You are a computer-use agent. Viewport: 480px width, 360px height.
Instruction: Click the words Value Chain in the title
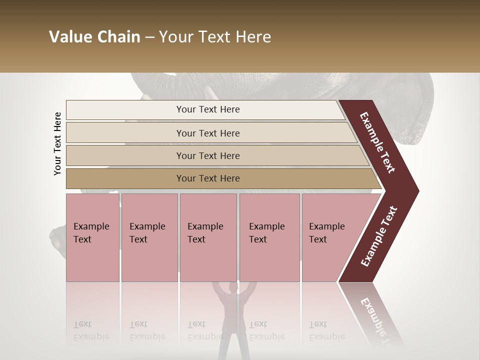pyautogui.click(x=94, y=37)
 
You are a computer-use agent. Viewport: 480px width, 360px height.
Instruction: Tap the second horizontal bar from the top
pyautogui.click(x=207, y=133)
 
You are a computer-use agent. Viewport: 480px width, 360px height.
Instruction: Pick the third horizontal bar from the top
pyautogui.click(x=207, y=155)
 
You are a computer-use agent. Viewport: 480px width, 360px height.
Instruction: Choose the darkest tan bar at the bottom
pyautogui.click(x=207, y=178)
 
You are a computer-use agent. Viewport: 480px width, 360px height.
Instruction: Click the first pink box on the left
pyautogui.click(x=92, y=237)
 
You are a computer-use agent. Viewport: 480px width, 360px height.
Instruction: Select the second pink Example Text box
pyautogui.click(x=149, y=237)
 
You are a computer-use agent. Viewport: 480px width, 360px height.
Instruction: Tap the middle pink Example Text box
pyautogui.click(x=208, y=237)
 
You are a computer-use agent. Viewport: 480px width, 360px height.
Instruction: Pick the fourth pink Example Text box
pyautogui.click(x=269, y=237)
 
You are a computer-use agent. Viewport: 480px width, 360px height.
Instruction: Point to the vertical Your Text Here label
pyautogui.click(x=57, y=143)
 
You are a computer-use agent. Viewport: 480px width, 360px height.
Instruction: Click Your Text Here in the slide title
pyautogui.click(x=215, y=37)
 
